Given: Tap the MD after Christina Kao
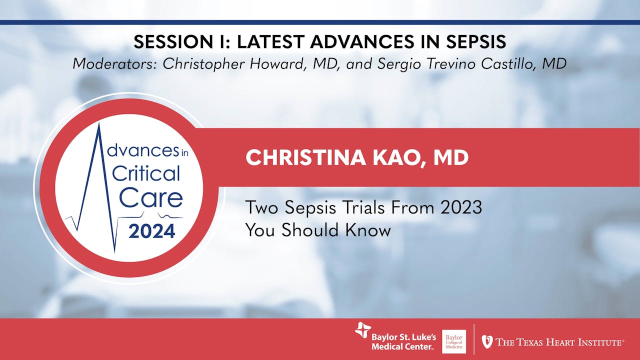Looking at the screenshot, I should tap(450, 157).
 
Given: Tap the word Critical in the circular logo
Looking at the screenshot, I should tap(146, 173).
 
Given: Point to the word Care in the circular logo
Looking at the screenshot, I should tap(150, 198).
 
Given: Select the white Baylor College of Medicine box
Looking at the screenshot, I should tap(454, 341).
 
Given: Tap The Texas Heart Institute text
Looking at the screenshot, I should tap(559, 342).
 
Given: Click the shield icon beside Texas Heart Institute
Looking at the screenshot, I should tap(486, 341).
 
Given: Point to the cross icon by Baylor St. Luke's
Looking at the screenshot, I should tap(362, 331).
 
